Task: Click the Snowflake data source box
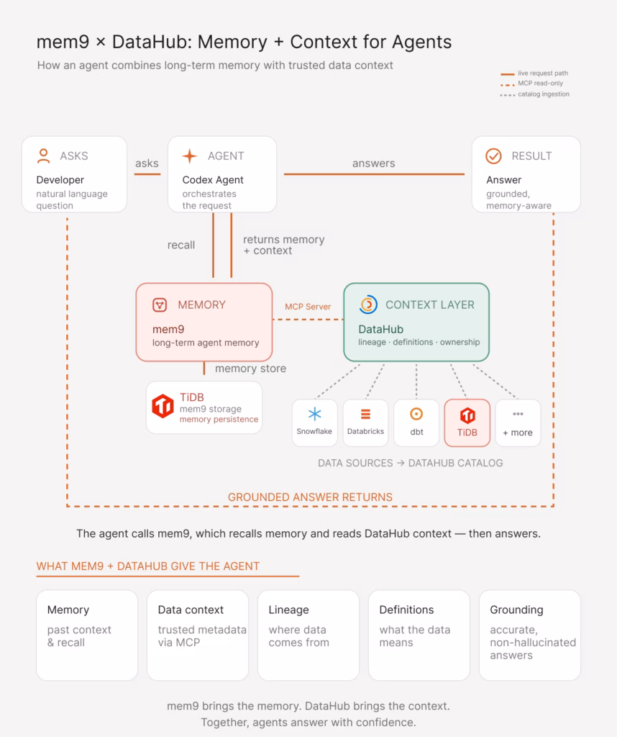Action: coord(314,422)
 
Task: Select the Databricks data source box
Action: coord(365,422)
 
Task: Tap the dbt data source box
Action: coord(416,422)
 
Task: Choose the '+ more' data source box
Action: coord(518,422)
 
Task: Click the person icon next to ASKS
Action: coord(43,156)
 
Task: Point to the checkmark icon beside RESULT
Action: coord(493,156)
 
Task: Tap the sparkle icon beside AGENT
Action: coord(190,156)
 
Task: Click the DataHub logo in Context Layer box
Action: coord(368,304)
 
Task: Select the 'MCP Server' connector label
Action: coord(308,307)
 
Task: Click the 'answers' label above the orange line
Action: coord(374,163)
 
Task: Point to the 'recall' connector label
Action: coord(181,245)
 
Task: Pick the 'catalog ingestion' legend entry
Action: coord(535,94)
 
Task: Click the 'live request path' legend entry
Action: coord(534,73)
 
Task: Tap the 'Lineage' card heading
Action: coord(289,610)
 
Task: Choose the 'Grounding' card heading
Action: coord(516,610)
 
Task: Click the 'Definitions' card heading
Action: coord(406,610)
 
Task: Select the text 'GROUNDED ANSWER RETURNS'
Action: coord(310,497)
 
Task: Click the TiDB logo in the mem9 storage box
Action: coord(163,406)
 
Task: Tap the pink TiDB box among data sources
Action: coord(467,422)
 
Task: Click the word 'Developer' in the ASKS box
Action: coord(60,180)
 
